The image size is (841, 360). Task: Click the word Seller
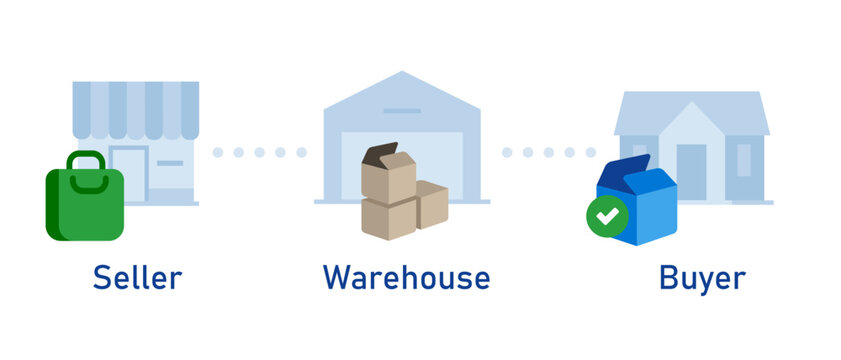tap(137, 277)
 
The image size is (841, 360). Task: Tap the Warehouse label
tap(406, 277)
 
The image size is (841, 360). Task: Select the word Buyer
tap(702, 277)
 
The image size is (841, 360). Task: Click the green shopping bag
tap(85, 205)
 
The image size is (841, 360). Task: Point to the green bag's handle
tap(86, 160)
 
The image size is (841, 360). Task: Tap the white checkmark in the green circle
tap(607, 214)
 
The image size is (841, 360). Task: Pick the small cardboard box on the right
tap(432, 204)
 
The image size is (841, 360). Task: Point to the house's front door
tap(691, 170)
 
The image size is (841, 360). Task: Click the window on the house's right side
tap(743, 160)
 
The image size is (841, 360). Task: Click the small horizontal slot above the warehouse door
tap(401, 111)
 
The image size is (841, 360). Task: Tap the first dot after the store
tap(218, 152)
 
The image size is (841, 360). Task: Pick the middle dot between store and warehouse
tap(259, 152)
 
